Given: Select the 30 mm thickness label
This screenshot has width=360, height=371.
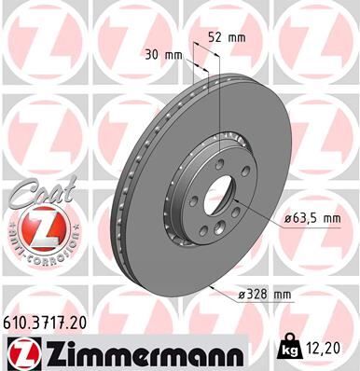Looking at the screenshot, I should (163, 54).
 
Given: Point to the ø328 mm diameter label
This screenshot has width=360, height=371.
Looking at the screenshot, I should (266, 295).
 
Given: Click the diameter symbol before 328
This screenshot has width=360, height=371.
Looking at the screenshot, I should (241, 295).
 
